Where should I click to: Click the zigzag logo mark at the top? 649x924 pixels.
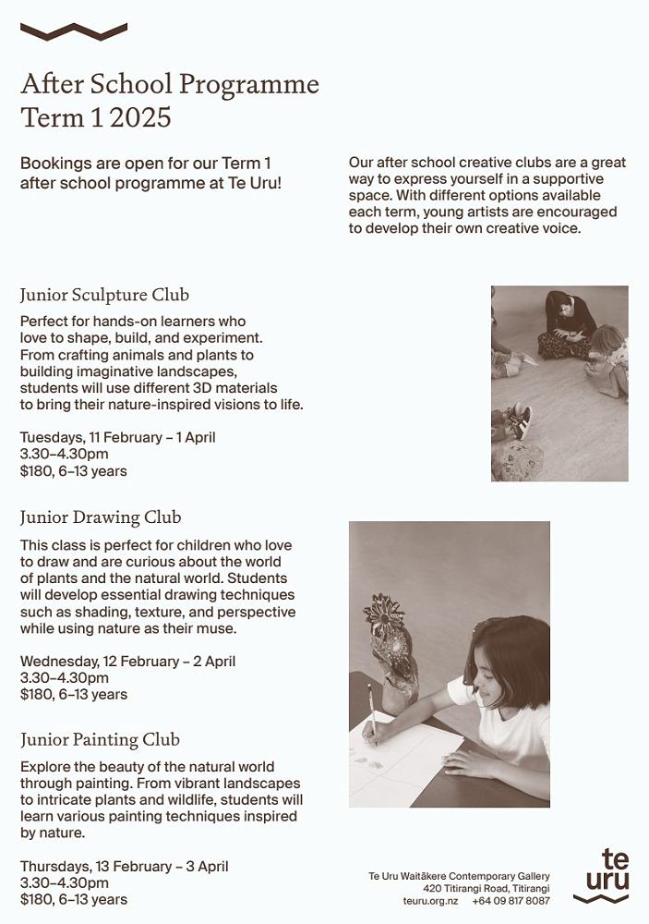pyautogui.click(x=73, y=32)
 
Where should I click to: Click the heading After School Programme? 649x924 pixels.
pyautogui.click(x=169, y=85)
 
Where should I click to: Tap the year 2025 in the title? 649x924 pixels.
pyautogui.click(x=144, y=118)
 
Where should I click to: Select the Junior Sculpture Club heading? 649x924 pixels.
pyautogui.click(x=104, y=295)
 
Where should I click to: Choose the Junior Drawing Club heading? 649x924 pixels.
pyautogui.click(x=101, y=517)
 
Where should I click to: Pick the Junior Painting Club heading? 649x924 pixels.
pyautogui.click(x=100, y=739)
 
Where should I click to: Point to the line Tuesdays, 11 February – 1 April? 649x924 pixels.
pyautogui.click(x=117, y=437)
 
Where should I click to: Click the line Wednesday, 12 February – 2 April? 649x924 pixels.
pyautogui.click(x=127, y=661)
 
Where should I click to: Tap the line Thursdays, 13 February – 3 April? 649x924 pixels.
pyautogui.click(x=124, y=867)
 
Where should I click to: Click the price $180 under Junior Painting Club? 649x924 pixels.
pyautogui.click(x=37, y=899)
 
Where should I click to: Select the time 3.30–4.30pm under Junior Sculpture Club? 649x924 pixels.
pyautogui.click(x=64, y=454)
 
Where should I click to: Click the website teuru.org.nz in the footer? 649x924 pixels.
pyautogui.click(x=430, y=900)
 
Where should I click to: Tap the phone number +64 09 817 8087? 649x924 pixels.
pyautogui.click(x=511, y=900)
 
